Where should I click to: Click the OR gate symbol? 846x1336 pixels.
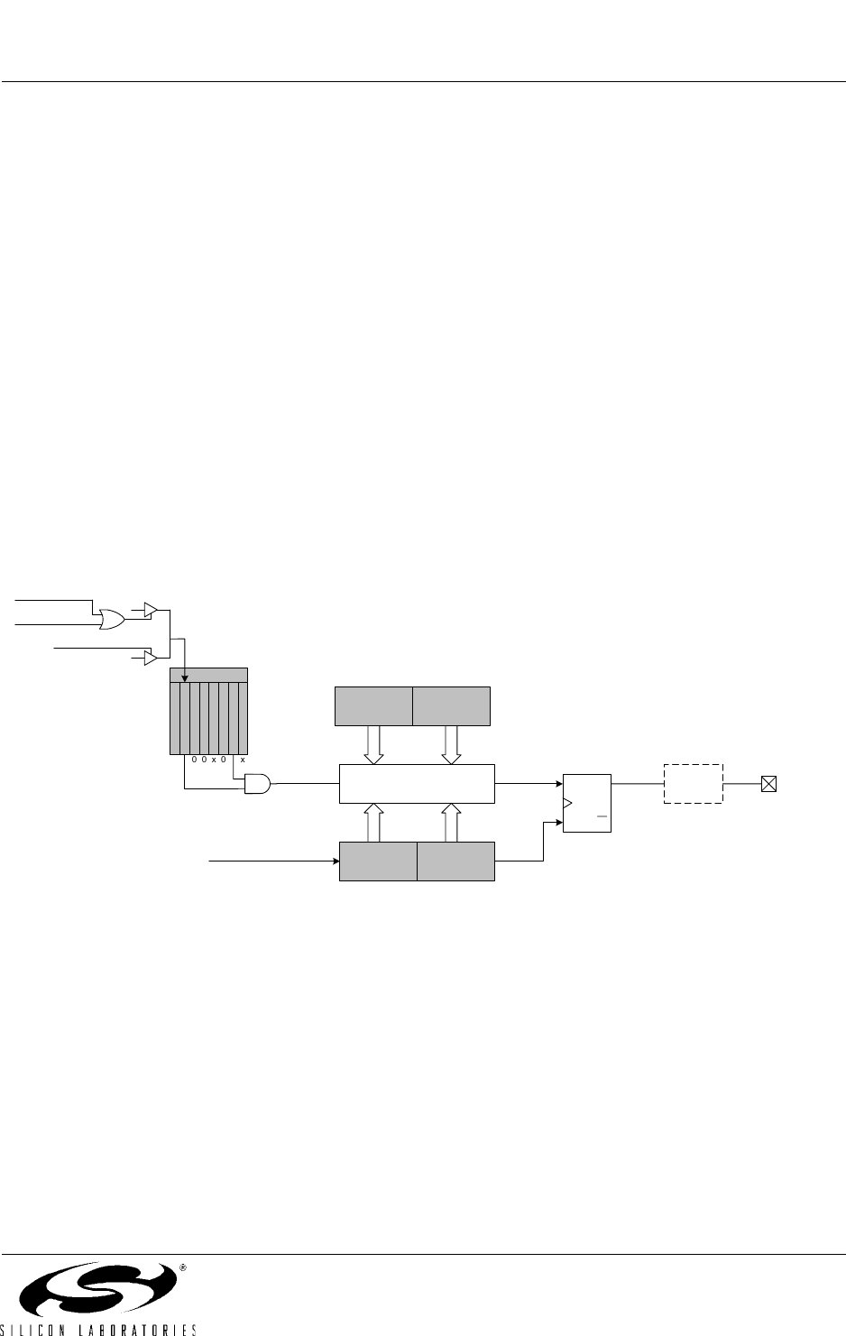click(x=112, y=620)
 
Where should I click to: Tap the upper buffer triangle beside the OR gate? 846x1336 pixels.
click(x=151, y=610)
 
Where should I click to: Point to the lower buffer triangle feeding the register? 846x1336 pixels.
click(x=151, y=658)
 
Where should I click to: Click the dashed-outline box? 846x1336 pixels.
click(x=694, y=784)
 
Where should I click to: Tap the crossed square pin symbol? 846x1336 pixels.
click(x=768, y=784)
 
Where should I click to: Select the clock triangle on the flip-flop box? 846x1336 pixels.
click(x=567, y=803)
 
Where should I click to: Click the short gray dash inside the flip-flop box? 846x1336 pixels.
click(x=602, y=815)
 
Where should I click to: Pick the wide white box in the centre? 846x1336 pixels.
click(x=417, y=784)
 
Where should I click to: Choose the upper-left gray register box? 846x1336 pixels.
click(x=373, y=706)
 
